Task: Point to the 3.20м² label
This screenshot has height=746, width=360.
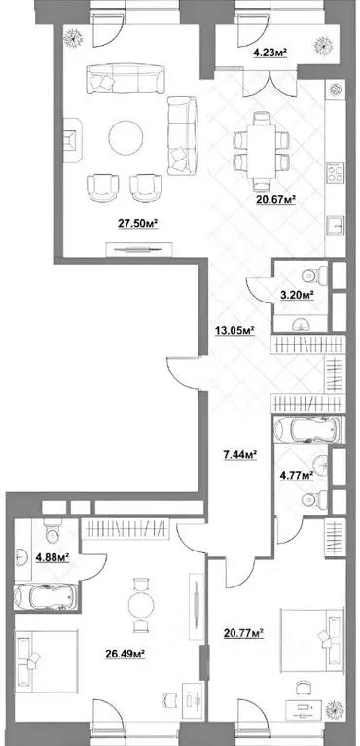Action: (296, 293)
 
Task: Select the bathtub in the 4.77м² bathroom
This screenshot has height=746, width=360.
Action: (306, 428)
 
